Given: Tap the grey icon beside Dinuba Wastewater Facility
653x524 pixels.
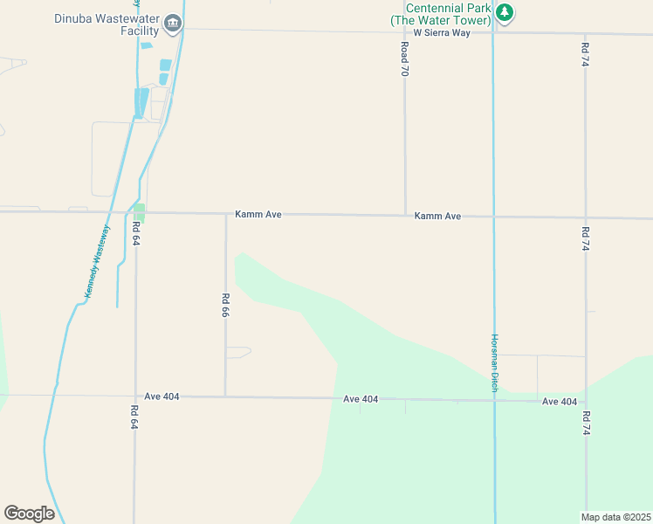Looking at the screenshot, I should tap(172, 23).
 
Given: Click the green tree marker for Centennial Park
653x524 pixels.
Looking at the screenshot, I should tap(505, 13).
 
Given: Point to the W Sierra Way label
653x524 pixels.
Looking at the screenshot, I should tap(442, 32).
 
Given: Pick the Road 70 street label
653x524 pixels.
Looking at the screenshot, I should tap(404, 59).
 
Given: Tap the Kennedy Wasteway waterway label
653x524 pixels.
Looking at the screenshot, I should tap(98, 263).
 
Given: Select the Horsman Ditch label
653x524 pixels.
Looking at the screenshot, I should tap(494, 363).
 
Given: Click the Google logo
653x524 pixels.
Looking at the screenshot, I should tap(29, 514).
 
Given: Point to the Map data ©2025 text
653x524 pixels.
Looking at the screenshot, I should tap(615, 517).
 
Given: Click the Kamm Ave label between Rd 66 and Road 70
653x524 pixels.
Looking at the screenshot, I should tap(258, 214).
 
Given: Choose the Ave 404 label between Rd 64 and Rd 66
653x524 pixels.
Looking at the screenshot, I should tap(162, 396).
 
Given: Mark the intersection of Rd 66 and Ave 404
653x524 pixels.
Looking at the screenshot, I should tap(225, 396).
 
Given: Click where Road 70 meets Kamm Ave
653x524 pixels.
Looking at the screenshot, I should tap(405, 215).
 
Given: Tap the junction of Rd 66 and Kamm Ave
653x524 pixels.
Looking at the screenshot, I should tap(226, 213).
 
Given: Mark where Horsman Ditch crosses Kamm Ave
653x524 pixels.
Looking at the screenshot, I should tap(494, 217).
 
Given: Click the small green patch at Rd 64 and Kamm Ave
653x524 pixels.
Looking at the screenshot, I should tap(139, 212).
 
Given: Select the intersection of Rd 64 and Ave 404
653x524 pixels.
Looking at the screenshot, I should tap(135, 396).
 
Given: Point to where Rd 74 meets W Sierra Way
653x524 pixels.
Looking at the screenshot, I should tap(584, 34).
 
